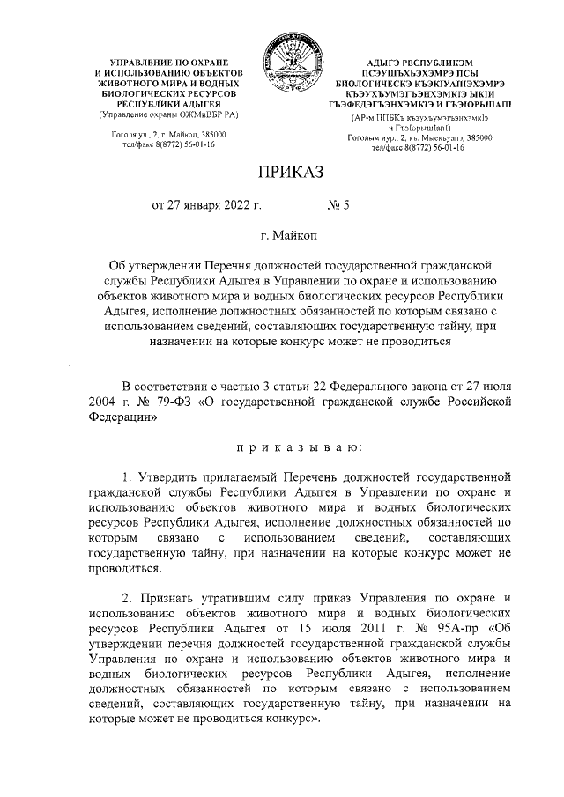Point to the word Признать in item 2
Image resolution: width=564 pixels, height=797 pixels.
click(x=172, y=598)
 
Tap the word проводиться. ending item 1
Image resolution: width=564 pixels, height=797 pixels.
click(x=123, y=568)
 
